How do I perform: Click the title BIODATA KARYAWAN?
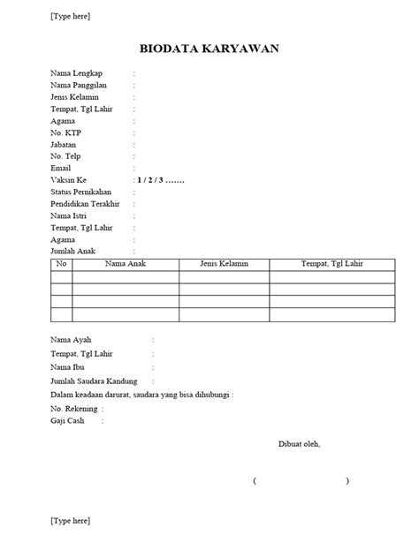[209, 49]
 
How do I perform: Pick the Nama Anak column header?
[126, 264]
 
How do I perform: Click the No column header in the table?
[62, 264]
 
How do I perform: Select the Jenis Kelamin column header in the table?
[224, 264]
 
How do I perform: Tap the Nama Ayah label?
[72, 339]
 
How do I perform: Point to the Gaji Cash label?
[71, 421]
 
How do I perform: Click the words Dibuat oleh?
[300, 443]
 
